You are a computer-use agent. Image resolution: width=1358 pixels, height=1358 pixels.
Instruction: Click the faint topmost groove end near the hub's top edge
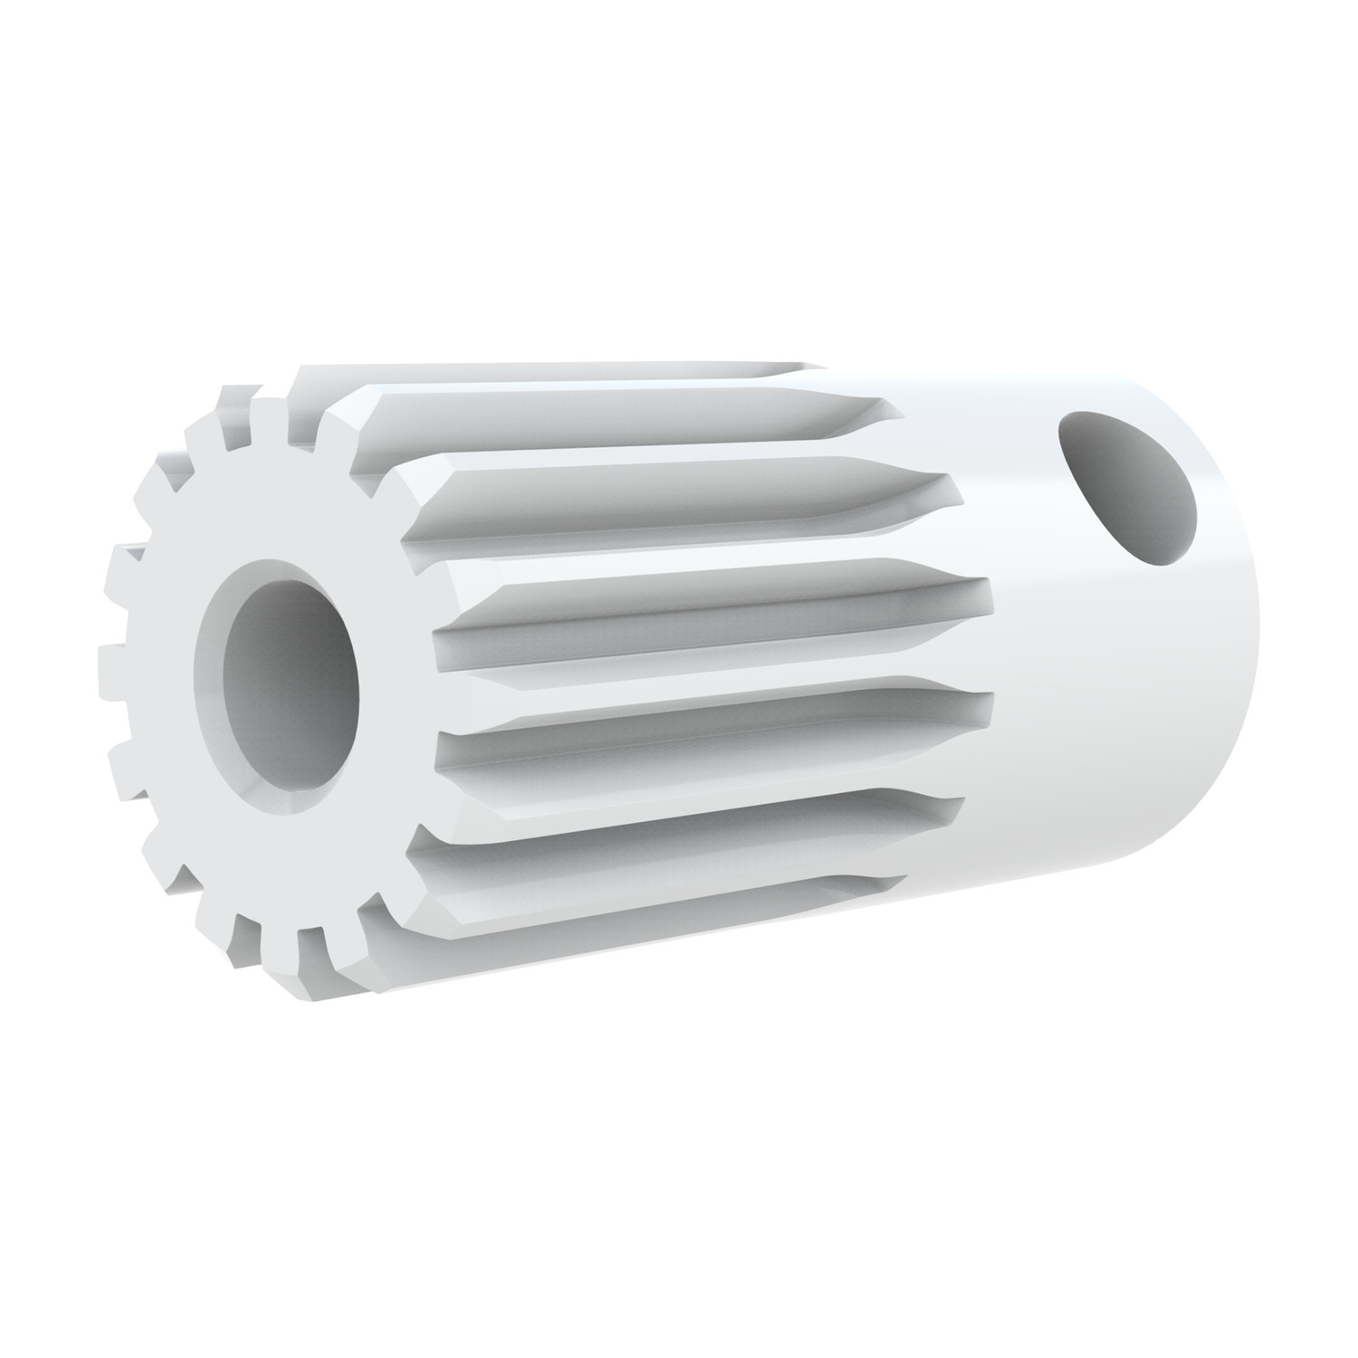(x=810, y=368)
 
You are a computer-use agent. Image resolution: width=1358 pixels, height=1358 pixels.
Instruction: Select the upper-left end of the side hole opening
(x=1073, y=426)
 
